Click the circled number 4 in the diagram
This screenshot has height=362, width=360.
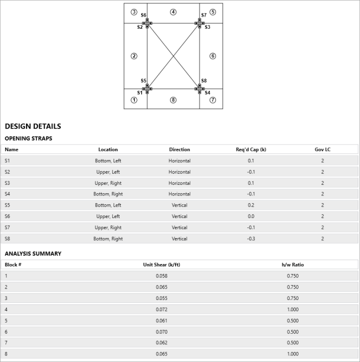(x=173, y=12)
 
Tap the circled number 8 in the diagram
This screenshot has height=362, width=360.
(x=173, y=100)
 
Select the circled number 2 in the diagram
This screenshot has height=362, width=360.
(x=133, y=56)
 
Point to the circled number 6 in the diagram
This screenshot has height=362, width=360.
(x=213, y=56)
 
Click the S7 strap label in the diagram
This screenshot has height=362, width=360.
(x=204, y=15)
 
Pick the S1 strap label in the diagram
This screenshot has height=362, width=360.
(x=140, y=93)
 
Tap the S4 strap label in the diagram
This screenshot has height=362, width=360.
(x=207, y=93)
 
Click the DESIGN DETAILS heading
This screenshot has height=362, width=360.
(x=33, y=126)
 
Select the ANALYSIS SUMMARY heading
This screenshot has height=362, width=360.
(x=33, y=254)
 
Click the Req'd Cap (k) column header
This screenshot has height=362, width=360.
(x=251, y=149)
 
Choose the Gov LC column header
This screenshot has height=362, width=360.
(x=322, y=149)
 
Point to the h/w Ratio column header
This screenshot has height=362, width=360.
(x=292, y=265)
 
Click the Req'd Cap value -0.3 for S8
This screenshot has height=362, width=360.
(x=251, y=239)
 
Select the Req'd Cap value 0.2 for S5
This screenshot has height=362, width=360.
(x=251, y=205)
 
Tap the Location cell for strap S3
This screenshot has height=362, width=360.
(x=108, y=183)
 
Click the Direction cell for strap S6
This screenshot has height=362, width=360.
(x=179, y=216)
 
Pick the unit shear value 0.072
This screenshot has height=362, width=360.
(x=161, y=309)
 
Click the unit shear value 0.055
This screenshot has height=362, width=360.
(x=161, y=298)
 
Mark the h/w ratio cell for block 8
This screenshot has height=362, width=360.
(x=292, y=354)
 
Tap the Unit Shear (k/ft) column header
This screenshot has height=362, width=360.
(x=161, y=265)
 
